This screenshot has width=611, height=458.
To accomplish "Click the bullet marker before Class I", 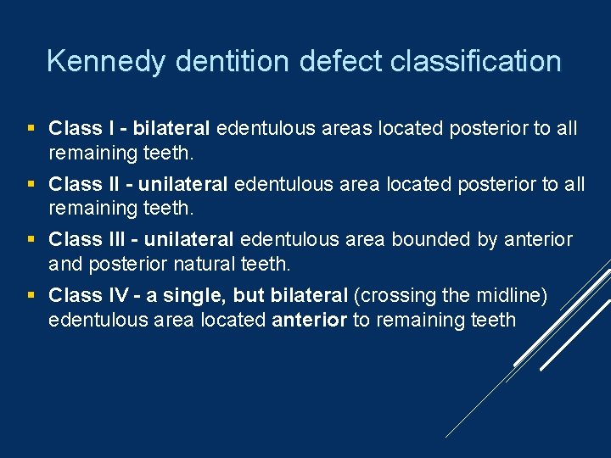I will point(31,129).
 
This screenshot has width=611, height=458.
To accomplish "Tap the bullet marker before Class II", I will point(31,184).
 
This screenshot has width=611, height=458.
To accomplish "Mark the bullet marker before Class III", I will point(31,240).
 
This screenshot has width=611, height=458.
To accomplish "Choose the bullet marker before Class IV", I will point(31,296).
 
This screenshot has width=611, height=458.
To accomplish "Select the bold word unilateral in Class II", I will point(182,184).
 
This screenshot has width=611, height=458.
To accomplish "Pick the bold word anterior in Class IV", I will point(310,320).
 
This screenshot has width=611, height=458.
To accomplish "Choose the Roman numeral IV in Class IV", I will point(109,296).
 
